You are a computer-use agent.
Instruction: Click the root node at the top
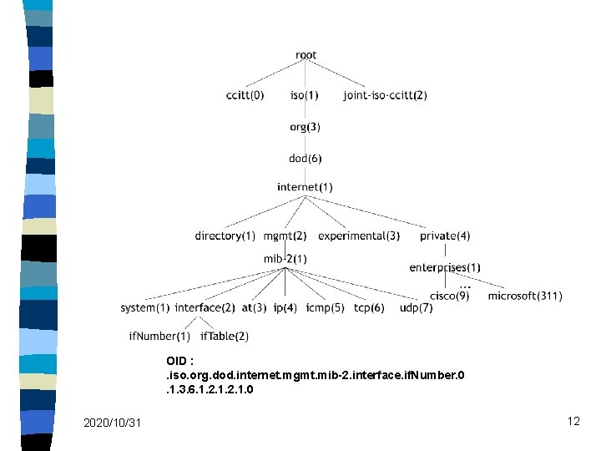[306, 55]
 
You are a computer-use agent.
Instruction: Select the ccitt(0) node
[245, 95]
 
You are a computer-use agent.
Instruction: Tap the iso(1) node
[304, 95]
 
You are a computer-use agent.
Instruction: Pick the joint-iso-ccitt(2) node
[385, 95]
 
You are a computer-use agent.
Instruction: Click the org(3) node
[305, 127]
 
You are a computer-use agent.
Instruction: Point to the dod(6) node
[305, 158]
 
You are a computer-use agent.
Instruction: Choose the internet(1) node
[305, 187]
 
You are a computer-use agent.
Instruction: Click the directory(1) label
[225, 236]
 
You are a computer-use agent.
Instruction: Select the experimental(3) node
[359, 236]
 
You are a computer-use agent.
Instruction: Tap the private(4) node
[445, 236]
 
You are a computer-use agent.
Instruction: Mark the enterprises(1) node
[445, 267]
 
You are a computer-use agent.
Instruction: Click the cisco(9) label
[449, 296]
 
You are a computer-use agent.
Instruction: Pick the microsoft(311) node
[525, 296]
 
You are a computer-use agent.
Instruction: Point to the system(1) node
[144, 307]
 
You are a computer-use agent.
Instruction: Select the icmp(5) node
[325, 307]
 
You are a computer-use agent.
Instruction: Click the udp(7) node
[416, 307]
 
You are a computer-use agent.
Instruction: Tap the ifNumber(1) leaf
[159, 336]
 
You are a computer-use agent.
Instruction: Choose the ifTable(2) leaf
[224, 336]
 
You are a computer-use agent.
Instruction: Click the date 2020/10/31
[113, 423]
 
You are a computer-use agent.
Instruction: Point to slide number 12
[573, 421]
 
